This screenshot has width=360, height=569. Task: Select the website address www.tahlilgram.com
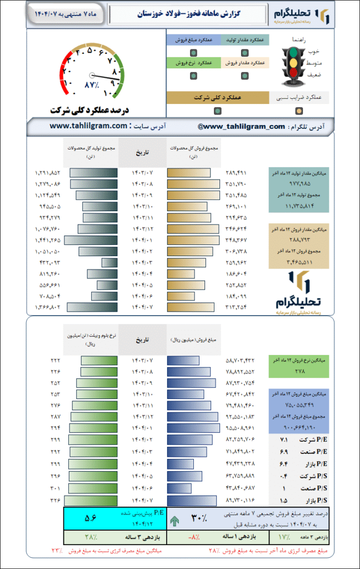(88, 126)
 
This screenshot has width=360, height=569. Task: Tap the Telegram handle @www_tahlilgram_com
(241, 126)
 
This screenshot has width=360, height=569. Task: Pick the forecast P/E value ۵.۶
(91, 518)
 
